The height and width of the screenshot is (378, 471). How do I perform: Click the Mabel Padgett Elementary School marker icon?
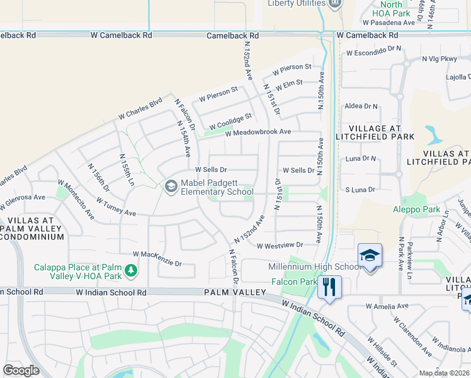(171, 186)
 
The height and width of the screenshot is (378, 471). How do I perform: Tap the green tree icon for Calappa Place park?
(131, 271)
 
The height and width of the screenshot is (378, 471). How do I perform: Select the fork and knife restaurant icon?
(329, 287)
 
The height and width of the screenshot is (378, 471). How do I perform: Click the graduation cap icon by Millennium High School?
(370, 255)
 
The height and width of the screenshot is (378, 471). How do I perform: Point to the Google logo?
(21, 370)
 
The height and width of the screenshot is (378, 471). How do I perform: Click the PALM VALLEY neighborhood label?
(230, 292)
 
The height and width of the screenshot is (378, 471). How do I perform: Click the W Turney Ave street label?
(116, 208)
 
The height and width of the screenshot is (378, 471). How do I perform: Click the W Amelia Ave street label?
(387, 306)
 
